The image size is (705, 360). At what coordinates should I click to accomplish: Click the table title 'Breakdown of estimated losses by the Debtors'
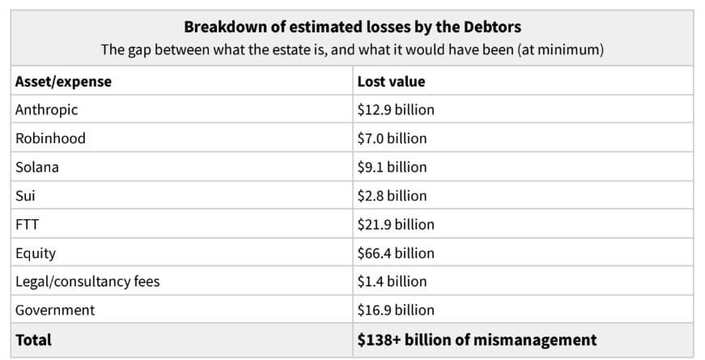[351, 25]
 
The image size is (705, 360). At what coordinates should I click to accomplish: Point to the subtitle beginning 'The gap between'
[351, 49]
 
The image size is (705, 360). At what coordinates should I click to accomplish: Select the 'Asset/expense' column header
[63, 81]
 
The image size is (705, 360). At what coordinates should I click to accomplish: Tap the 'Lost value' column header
[391, 81]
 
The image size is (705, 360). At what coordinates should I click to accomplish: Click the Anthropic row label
[47, 109]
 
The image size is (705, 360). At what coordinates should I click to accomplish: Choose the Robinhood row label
[50, 138]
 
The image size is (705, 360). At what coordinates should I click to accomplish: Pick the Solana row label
[37, 167]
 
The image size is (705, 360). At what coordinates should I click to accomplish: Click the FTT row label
[27, 224]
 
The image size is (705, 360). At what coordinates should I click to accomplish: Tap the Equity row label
[36, 253]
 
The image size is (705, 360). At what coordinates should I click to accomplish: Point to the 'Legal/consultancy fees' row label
[87, 282]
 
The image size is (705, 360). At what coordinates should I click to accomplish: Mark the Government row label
[55, 310]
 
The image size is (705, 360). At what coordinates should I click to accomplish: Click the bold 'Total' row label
[33, 340]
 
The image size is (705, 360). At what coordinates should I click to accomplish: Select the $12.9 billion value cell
[395, 109]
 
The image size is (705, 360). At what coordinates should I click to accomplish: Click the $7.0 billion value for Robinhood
[392, 138]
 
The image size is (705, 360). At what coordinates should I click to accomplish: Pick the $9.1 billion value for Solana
[392, 167]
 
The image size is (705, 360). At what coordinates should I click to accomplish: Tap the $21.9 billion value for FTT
[395, 224]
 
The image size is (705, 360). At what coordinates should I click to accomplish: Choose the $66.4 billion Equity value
[395, 253]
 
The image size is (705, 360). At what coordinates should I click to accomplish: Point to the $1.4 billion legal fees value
[392, 282]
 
